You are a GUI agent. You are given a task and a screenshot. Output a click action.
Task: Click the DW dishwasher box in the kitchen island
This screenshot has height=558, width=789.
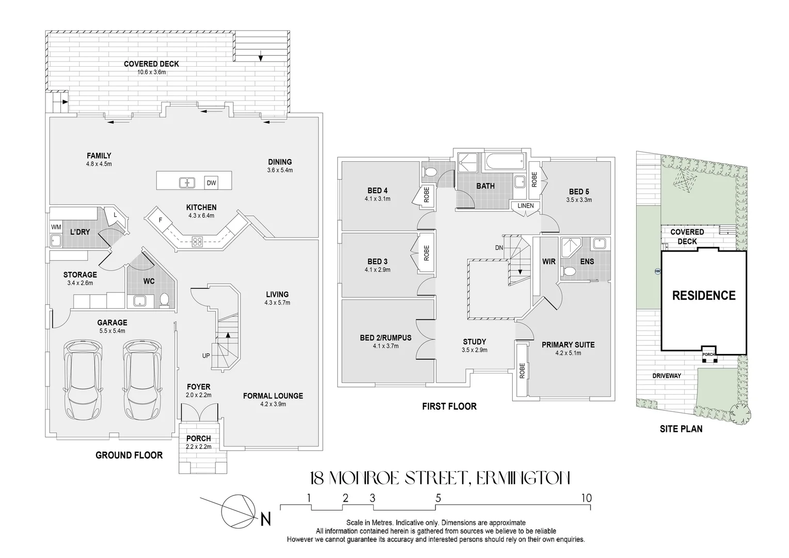point(211,183)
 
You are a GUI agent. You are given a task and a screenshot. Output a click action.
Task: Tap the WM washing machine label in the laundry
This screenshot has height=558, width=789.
point(56,227)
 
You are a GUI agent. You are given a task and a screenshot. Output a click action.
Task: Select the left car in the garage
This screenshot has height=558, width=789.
point(83,381)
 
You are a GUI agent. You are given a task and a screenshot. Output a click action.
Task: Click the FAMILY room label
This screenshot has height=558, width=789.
point(99,156)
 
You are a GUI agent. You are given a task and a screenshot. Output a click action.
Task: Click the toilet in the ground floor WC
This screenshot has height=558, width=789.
point(164,300)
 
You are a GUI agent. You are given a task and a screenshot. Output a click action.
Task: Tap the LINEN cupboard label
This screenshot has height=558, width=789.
point(526,206)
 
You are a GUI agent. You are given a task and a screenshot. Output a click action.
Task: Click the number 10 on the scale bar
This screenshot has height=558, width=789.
point(586,499)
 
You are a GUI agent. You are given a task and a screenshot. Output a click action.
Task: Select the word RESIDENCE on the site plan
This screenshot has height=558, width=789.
point(703,296)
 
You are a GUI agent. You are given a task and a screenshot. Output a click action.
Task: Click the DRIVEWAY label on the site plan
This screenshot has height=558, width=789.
point(666,376)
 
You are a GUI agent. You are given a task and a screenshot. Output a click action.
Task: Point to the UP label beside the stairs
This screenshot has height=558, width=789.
point(206,356)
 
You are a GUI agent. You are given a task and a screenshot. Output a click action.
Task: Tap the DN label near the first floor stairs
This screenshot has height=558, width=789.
point(499,248)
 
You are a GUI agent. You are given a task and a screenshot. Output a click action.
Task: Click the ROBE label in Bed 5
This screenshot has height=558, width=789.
point(534,179)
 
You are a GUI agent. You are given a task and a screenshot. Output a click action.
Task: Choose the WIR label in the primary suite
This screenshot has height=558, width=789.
point(548,261)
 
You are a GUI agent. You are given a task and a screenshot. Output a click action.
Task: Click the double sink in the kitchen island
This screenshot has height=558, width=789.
point(186,182)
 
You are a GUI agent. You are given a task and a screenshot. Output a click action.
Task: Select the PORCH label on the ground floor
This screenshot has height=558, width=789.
point(198,438)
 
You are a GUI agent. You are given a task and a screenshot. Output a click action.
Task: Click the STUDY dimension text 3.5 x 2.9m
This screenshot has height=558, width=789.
point(474,350)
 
